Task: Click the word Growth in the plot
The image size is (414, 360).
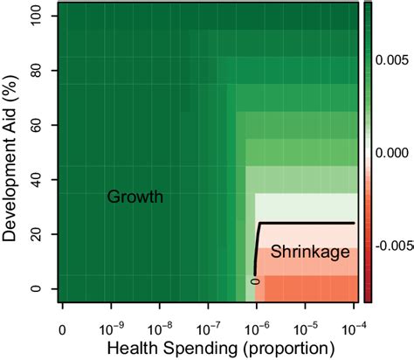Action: [135, 197]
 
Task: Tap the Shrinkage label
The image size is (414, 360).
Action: [310, 253]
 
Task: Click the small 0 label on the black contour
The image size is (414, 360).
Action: [255, 280]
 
